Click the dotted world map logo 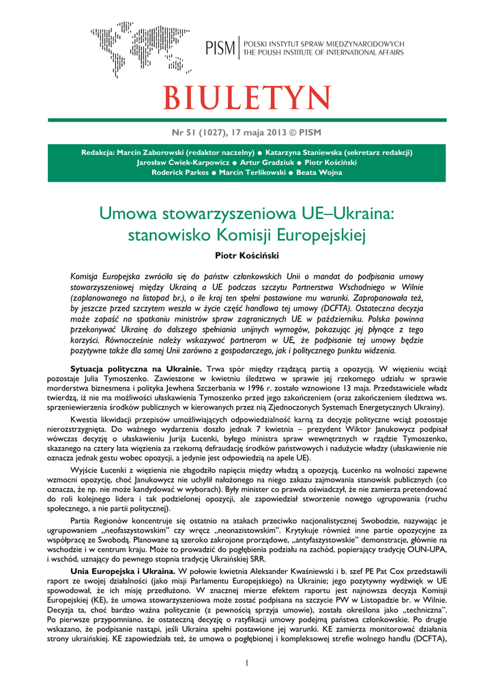coord(140,49)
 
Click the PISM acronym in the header coord(220,48)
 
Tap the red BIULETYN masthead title coord(246,98)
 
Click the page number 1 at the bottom coord(247,662)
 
